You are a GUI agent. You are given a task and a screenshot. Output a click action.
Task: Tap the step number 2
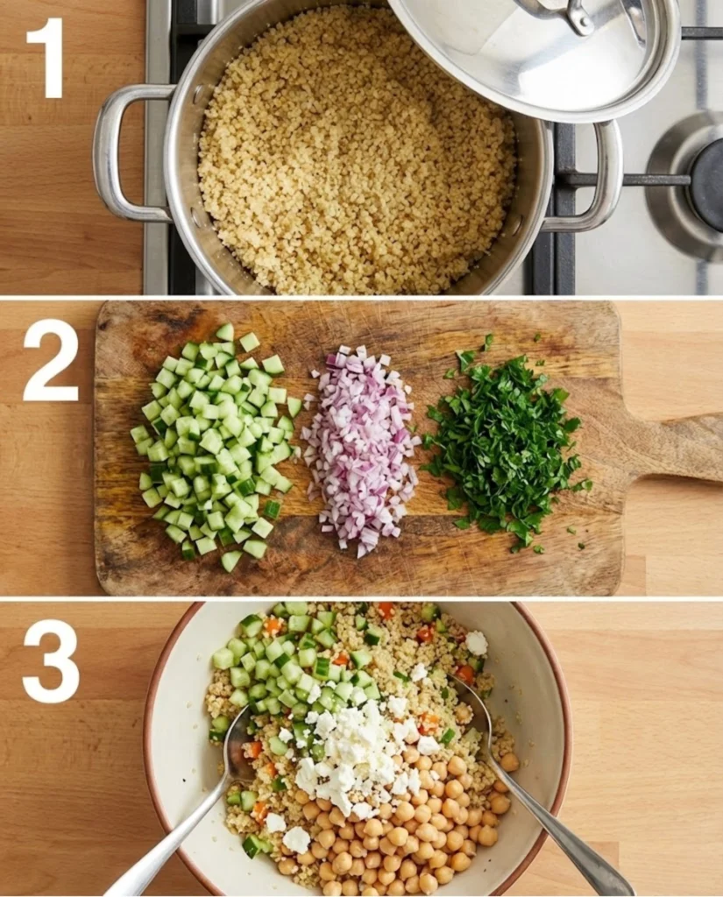pyautogui.click(x=50, y=360)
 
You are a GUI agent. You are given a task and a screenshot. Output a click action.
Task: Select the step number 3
pyautogui.click(x=50, y=662)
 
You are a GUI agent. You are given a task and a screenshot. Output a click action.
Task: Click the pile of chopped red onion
pyautogui.click(x=359, y=447)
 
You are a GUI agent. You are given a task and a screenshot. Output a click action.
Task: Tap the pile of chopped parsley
pyautogui.click(x=504, y=447)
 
